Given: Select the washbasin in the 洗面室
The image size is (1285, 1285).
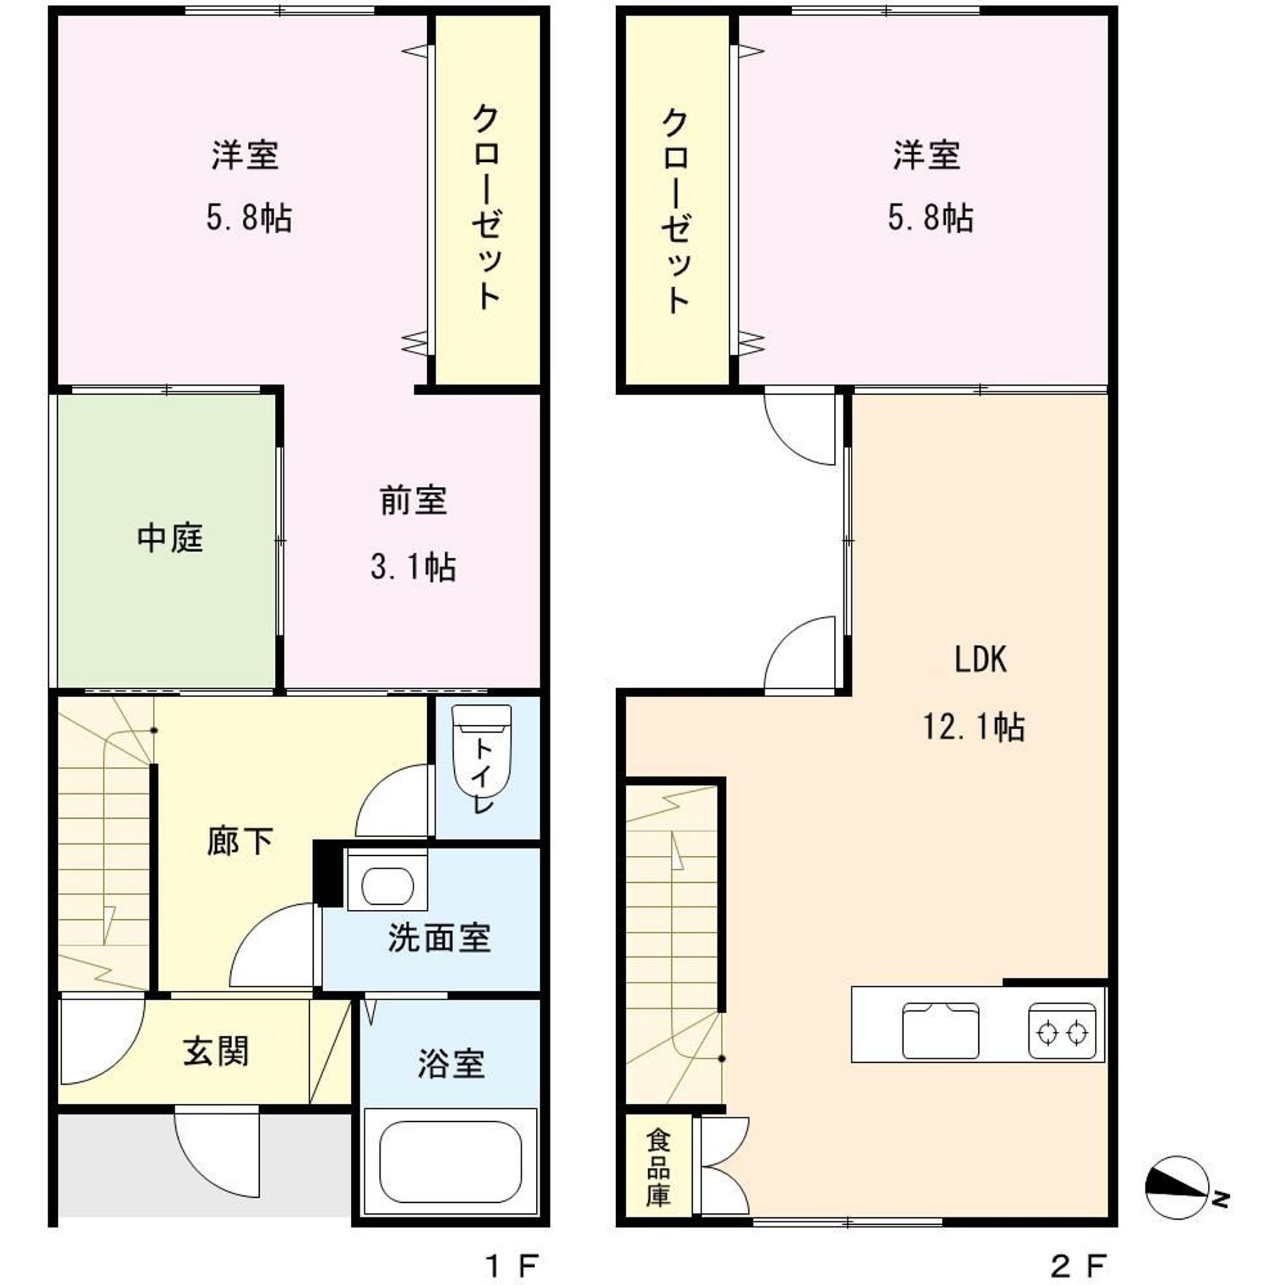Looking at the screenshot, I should tap(387, 886).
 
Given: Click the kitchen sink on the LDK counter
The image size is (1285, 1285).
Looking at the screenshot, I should tap(941, 1030).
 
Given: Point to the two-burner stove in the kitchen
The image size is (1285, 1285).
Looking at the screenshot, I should tap(1062, 1031).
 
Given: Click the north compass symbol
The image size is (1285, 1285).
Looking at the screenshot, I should tap(1178, 1188).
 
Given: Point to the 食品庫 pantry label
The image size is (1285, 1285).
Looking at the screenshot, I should tap(658, 1168).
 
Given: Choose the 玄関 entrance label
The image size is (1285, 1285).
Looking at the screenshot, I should tap(216, 1052).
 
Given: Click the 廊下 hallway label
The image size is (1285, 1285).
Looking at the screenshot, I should tap(240, 841).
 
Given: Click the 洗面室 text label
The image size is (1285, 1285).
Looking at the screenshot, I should tap(440, 938).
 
